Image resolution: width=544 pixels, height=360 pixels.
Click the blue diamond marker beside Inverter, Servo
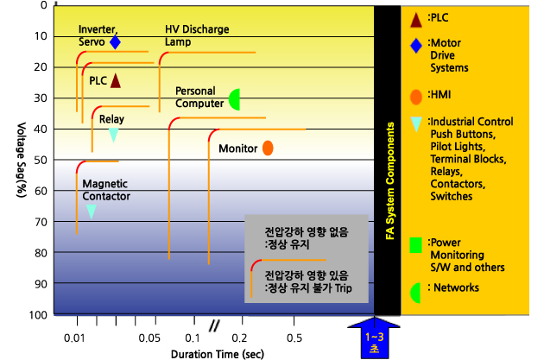click(115, 41)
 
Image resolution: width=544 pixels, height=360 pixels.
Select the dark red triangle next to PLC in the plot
click(115, 80)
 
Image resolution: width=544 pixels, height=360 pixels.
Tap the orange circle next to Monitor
click(268, 148)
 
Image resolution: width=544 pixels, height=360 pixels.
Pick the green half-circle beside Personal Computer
click(235, 99)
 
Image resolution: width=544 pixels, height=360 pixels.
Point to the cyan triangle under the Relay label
click(113, 135)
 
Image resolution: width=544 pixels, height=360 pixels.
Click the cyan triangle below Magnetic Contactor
click(92, 211)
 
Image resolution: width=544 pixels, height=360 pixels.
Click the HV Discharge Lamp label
click(197, 35)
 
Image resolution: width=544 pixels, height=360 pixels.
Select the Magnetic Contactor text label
click(106, 190)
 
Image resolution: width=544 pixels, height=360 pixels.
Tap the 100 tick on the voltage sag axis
click(37, 314)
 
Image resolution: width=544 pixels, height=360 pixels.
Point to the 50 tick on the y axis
click(41, 160)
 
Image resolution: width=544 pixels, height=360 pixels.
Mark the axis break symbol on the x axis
click(213, 325)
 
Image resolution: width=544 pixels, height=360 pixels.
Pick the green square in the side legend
click(415, 245)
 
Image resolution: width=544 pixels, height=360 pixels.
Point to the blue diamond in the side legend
click(416, 46)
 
